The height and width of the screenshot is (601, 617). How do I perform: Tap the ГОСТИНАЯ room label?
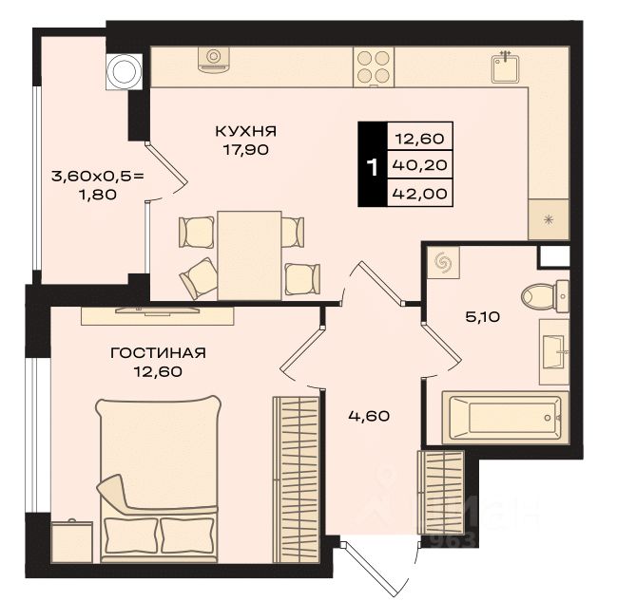tap(158, 352)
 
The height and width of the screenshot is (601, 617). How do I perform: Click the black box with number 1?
tap(372, 166)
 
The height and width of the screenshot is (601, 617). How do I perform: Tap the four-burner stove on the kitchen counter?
tap(373, 66)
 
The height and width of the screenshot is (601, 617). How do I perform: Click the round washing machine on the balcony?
tap(123, 69)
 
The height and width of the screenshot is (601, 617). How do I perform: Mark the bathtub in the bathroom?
tap(505, 416)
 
